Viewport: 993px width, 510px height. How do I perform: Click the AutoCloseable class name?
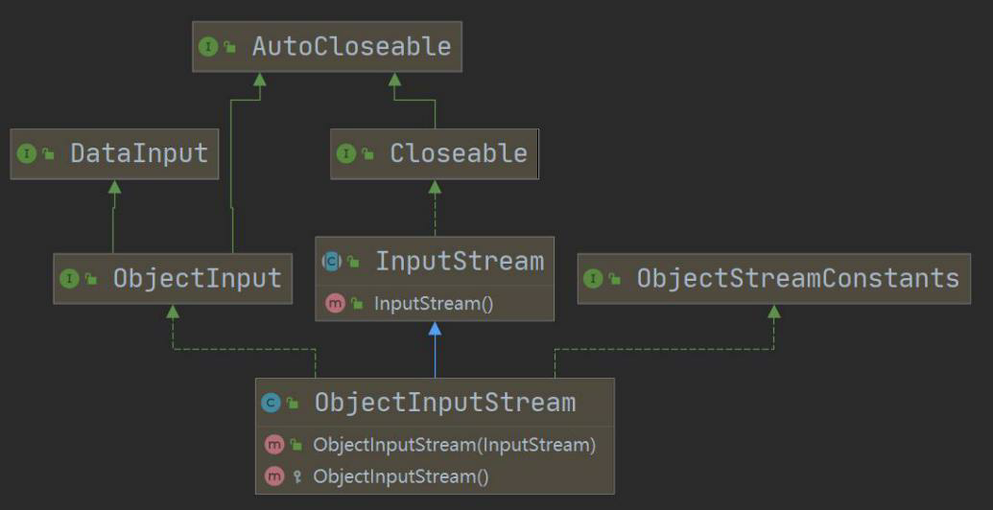[x=351, y=46]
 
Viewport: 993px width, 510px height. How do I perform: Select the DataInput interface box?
[x=115, y=153]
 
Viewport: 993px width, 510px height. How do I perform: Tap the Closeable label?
[x=458, y=153]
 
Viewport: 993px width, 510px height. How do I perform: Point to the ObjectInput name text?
[x=197, y=279]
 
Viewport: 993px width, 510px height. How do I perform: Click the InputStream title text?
[x=459, y=261]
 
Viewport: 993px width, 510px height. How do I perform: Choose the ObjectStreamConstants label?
[x=797, y=278]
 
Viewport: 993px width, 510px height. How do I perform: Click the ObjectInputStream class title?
[x=445, y=403]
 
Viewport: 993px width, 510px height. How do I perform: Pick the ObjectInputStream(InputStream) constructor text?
[x=455, y=445]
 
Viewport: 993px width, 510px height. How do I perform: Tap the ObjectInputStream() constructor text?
[x=401, y=476]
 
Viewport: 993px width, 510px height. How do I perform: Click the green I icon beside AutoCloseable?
[x=208, y=47]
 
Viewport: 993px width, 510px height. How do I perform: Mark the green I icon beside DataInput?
[x=27, y=153]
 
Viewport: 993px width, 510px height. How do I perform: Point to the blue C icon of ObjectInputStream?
[x=272, y=404]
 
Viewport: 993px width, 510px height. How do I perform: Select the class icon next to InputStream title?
[x=331, y=262]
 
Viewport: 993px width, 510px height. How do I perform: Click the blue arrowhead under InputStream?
[x=435, y=329]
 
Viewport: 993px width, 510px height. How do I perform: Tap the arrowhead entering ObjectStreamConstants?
[x=773, y=312]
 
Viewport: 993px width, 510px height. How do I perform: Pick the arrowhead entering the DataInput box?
[x=114, y=186]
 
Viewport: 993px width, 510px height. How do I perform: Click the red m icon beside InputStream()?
[x=335, y=304]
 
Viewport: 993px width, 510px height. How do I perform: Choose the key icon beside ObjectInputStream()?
[x=296, y=476]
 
